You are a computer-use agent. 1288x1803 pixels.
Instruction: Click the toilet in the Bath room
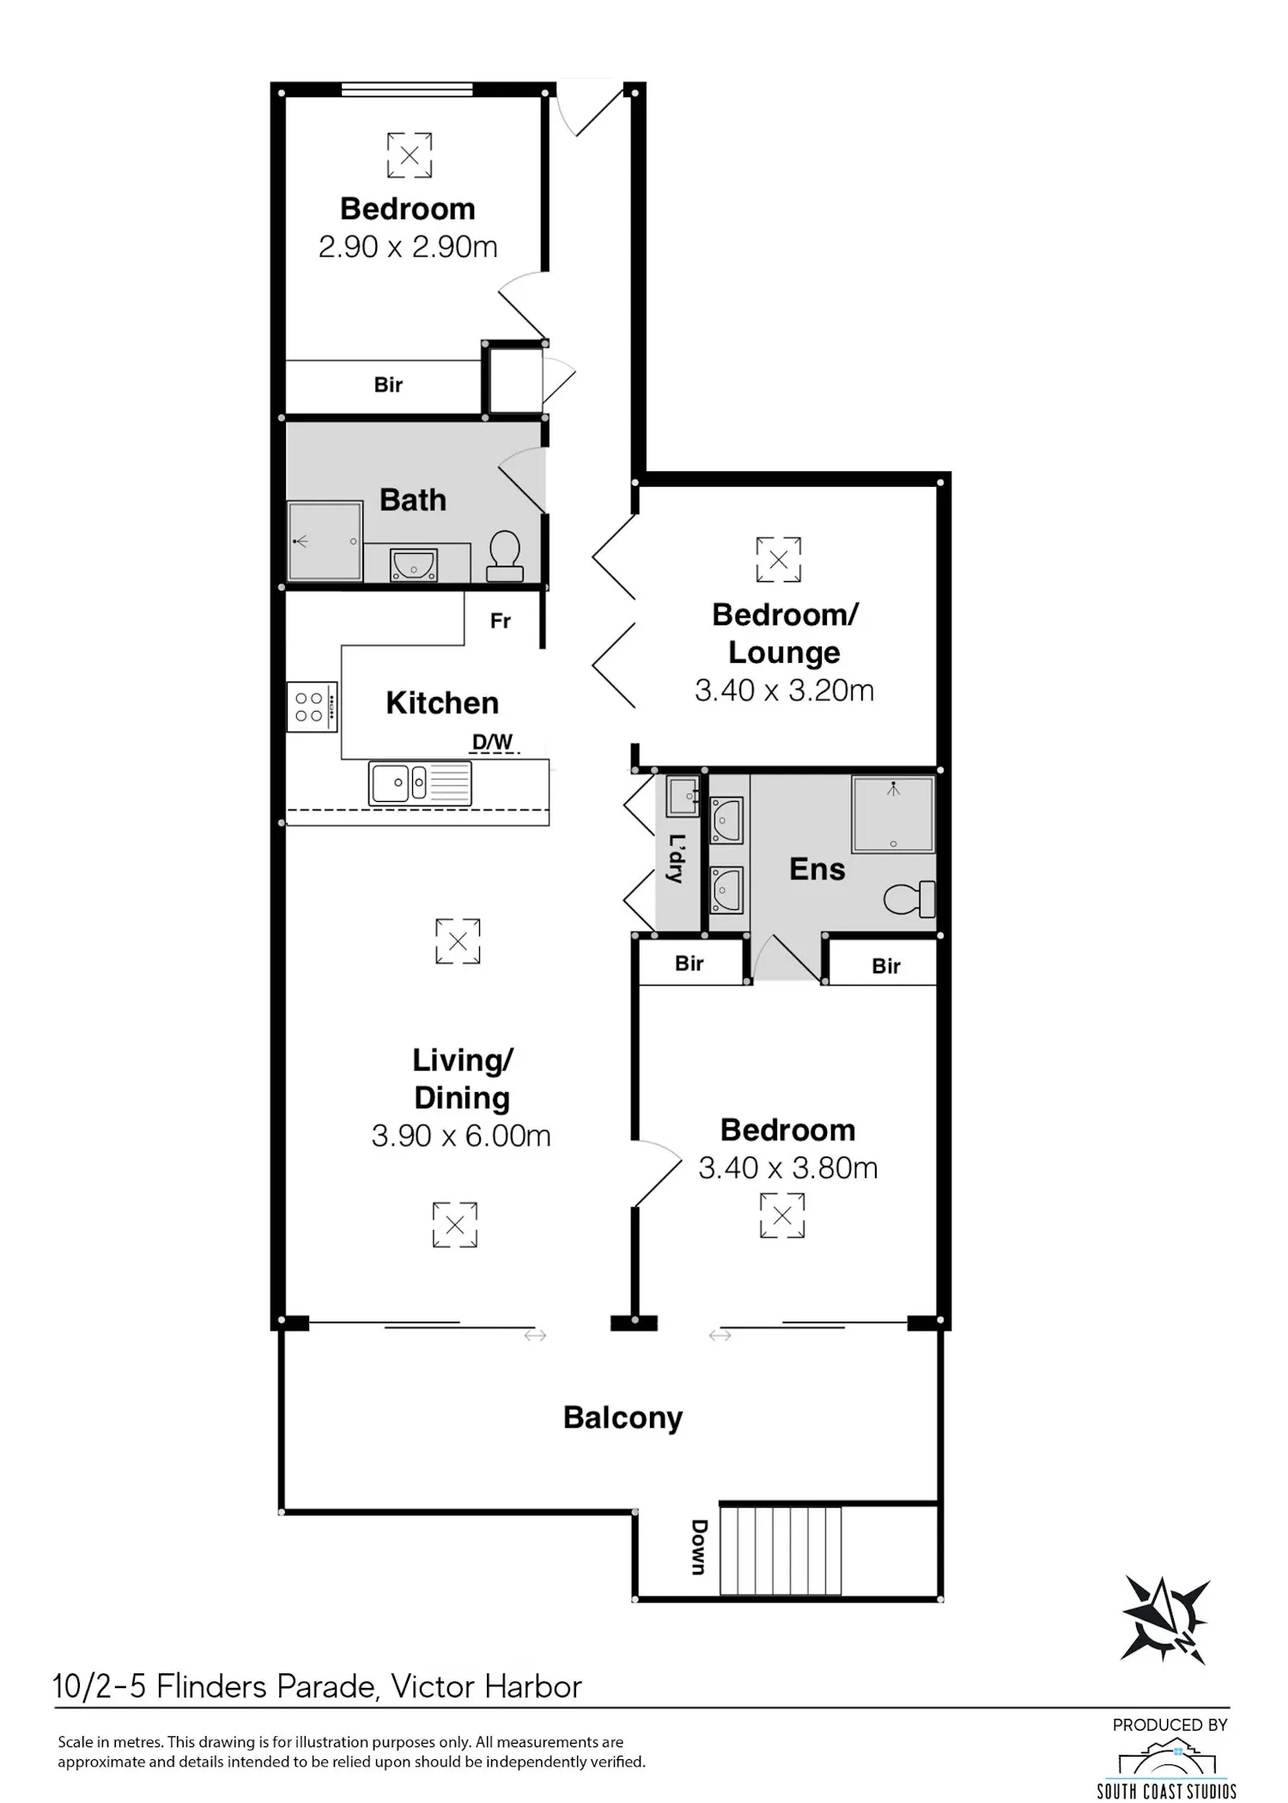pos(505,555)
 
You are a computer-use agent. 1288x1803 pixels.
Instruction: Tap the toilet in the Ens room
pos(909,899)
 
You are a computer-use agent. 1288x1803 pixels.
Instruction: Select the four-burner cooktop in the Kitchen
pos(312,707)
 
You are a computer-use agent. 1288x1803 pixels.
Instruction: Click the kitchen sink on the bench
pos(420,783)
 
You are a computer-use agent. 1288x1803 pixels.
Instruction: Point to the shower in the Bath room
pos(325,541)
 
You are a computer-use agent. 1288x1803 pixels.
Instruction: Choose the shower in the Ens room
pos(893,814)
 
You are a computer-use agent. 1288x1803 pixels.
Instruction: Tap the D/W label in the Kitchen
pos(493,742)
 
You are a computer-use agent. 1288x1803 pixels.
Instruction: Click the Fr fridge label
pos(501,621)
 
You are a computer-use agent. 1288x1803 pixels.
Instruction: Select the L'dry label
pos(677,859)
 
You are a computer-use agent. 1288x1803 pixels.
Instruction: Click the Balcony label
pos(623,1418)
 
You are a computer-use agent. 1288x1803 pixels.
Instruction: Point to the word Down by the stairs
pos(700,1547)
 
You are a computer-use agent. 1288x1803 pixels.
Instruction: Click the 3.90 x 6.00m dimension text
pos(461,1136)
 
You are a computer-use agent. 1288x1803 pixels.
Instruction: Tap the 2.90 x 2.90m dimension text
pos(408,247)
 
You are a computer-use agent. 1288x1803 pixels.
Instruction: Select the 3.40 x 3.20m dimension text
pos(784,690)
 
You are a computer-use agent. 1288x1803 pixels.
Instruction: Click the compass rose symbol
pos(1165,1621)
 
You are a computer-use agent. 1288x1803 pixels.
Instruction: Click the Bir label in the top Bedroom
pos(388,385)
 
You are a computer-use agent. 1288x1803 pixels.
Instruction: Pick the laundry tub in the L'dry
pos(684,795)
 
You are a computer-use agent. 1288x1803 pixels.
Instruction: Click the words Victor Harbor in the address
pos(487,1686)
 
